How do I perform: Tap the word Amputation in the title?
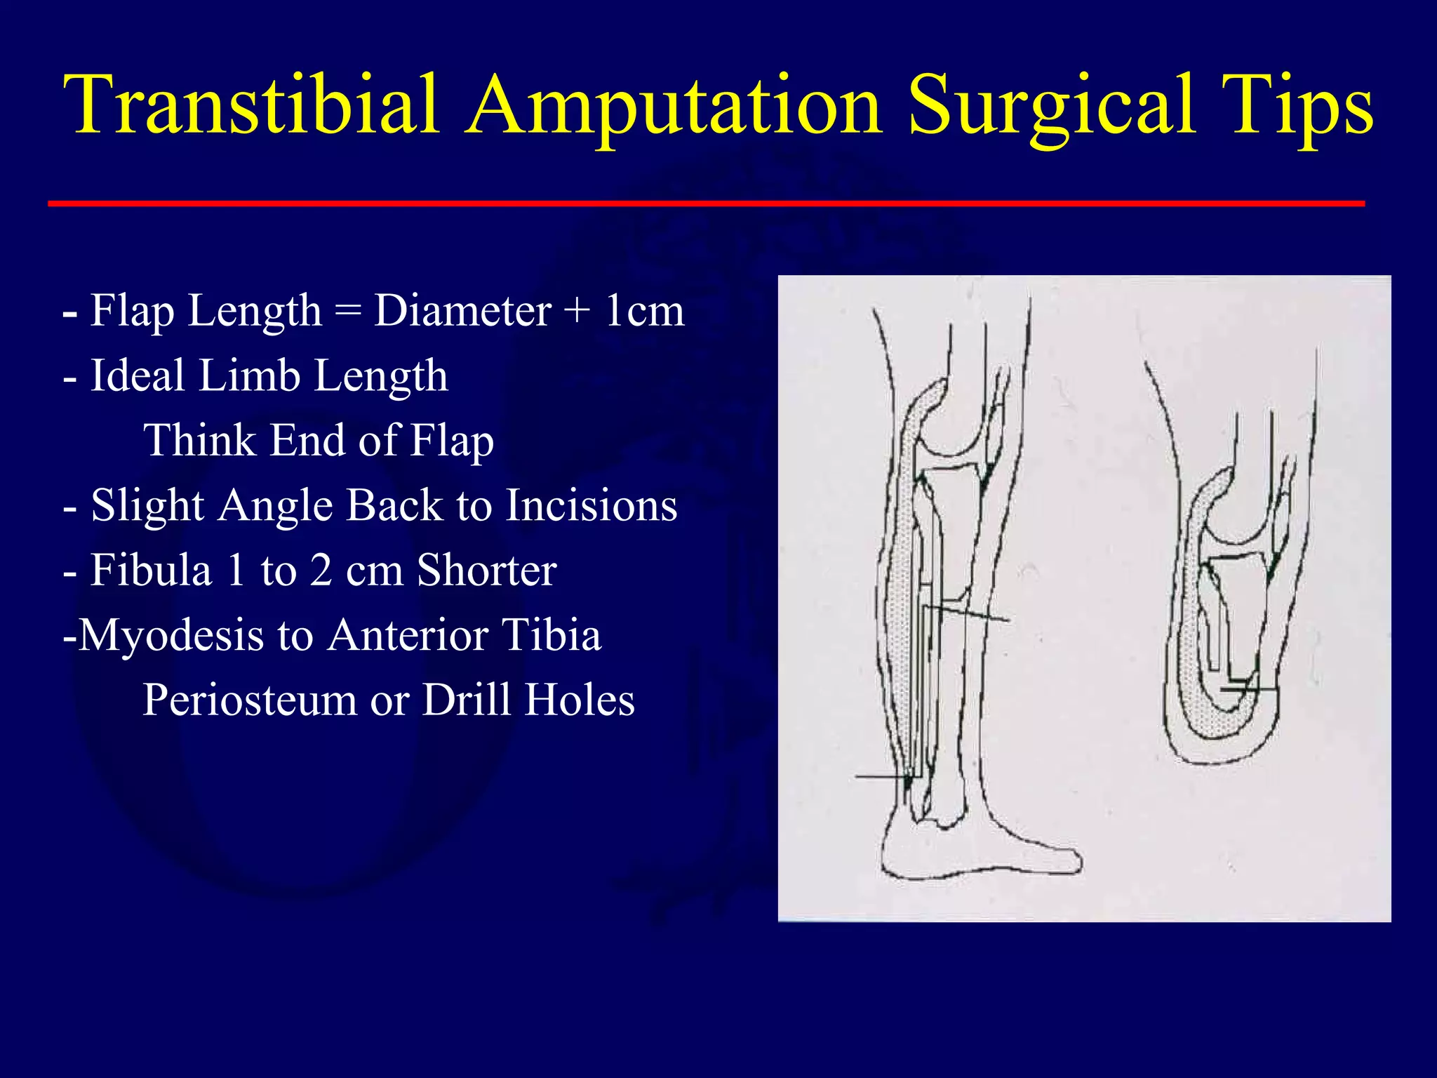[674, 105]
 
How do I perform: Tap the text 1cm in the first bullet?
[643, 310]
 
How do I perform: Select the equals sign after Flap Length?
[347, 312]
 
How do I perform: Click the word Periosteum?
[250, 700]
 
